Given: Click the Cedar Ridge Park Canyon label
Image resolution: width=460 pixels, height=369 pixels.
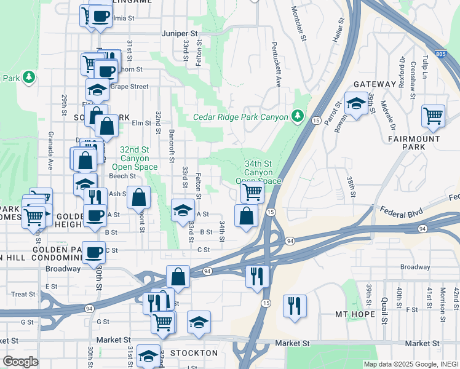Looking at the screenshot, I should click(240, 117).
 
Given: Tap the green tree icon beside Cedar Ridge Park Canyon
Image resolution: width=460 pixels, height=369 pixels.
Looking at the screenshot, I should click(298, 116).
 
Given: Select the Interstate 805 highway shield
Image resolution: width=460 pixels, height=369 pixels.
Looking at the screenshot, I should click(438, 55).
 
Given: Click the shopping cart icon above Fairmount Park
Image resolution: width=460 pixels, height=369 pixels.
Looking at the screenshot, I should click(434, 115).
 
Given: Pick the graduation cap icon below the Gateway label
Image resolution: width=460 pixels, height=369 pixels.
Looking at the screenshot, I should click(355, 103).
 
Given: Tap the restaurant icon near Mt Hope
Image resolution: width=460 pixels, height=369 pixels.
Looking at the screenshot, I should click(295, 305).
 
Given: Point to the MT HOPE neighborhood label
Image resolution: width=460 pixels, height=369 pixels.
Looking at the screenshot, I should click(355, 314).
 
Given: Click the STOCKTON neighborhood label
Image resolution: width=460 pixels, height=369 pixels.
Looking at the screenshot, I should click(194, 353).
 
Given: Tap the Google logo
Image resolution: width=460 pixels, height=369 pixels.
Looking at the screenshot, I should click(20, 362).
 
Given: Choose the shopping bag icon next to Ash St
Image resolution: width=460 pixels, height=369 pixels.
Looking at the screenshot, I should click(140, 197).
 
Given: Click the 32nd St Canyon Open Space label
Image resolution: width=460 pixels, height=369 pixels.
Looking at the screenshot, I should click(135, 157).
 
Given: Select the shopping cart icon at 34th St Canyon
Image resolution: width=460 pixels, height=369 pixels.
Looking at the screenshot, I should click(252, 192).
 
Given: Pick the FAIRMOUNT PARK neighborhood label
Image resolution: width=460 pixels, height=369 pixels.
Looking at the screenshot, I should click(414, 143).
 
